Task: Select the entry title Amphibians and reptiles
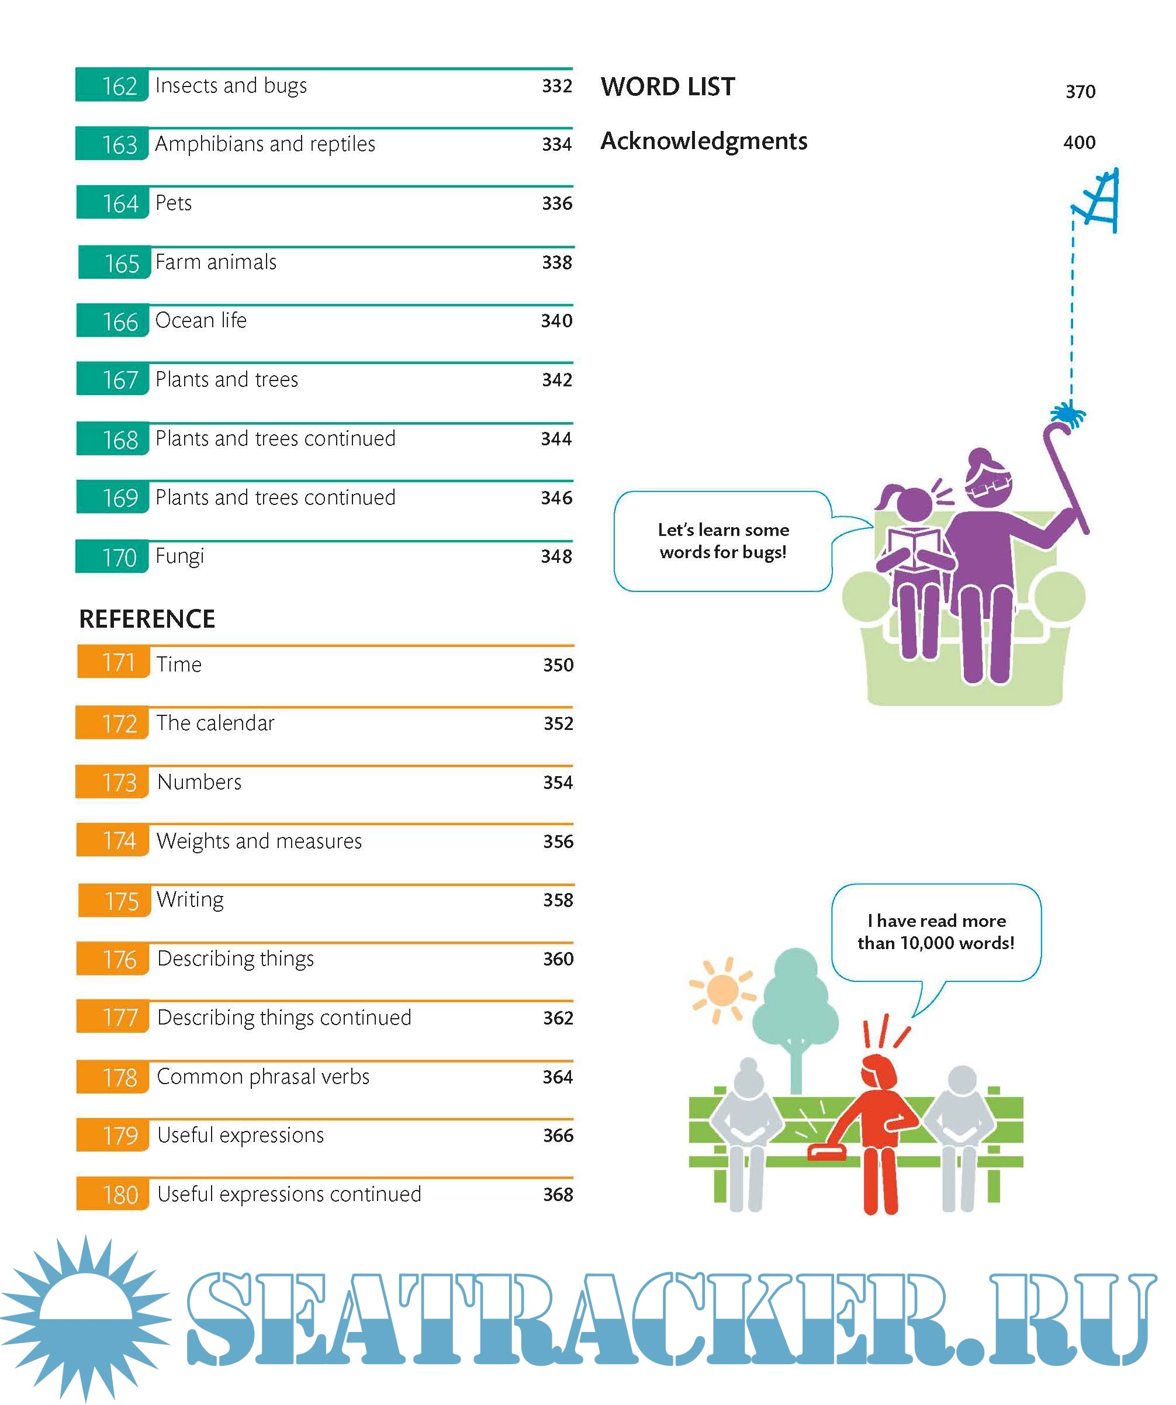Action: (x=265, y=144)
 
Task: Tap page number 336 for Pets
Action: (x=556, y=203)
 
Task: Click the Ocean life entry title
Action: (x=200, y=320)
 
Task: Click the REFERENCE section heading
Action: (x=147, y=619)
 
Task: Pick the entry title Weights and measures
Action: (x=259, y=841)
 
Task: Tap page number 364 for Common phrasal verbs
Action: (x=557, y=1077)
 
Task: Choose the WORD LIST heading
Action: (x=667, y=87)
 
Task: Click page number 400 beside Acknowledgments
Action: (x=1079, y=143)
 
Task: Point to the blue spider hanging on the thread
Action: (x=1069, y=415)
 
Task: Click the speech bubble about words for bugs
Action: (x=722, y=541)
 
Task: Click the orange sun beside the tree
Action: (x=722, y=991)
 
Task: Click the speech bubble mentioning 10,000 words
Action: (x=935, y=932)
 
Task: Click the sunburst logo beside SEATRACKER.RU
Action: (x=85, y=1317)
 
